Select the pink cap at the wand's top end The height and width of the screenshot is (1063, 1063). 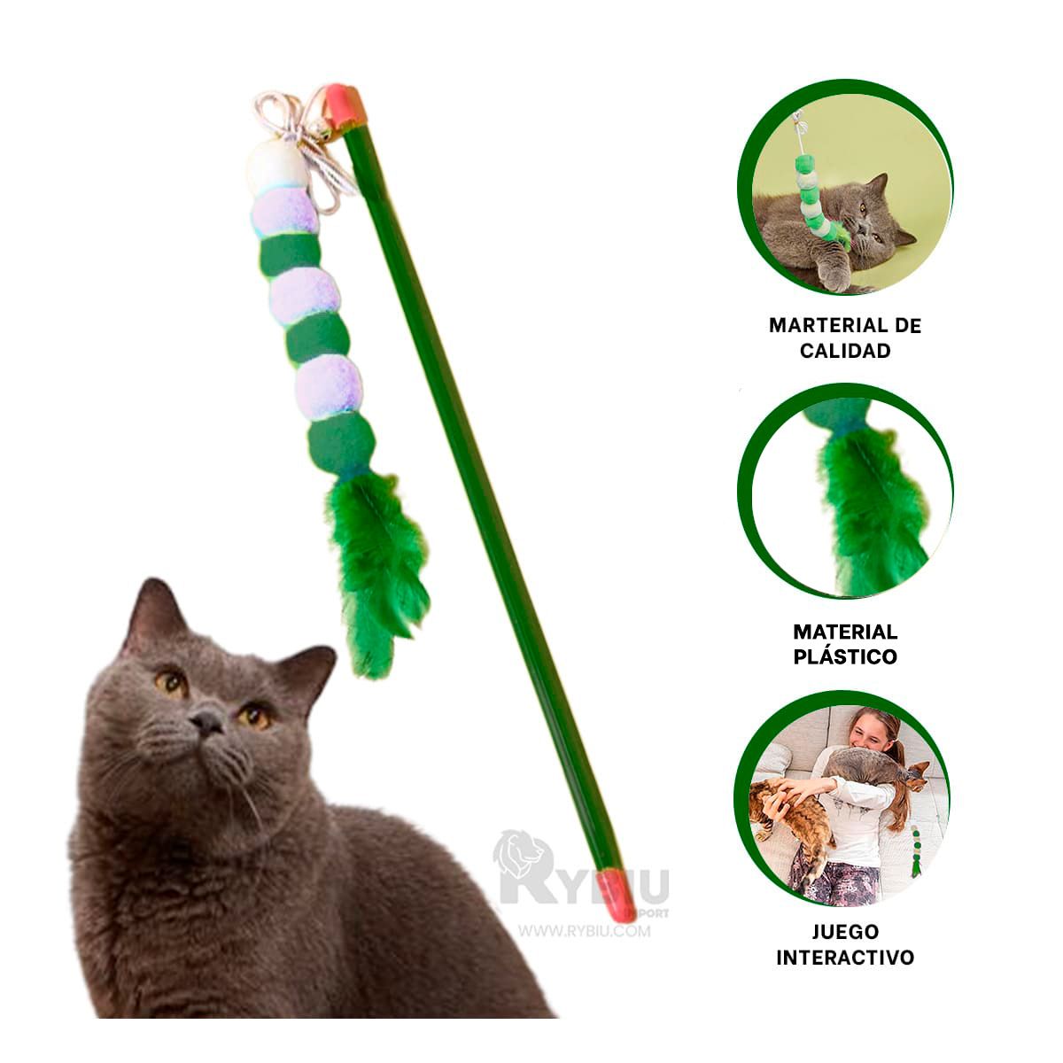click(343, 105)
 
